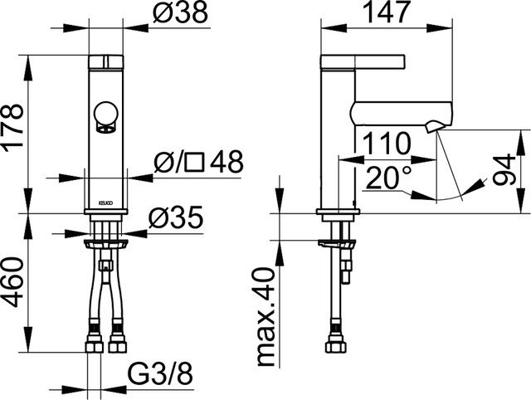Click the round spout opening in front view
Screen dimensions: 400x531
click(x=105, y=115)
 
